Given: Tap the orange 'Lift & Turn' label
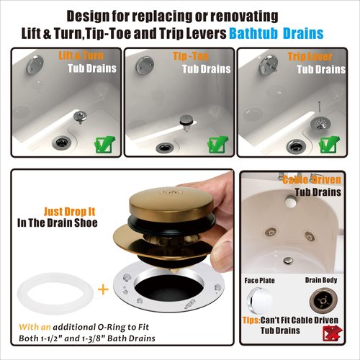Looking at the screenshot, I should click(x=77, y=55).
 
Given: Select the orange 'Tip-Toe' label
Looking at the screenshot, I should click(x=190, y=55).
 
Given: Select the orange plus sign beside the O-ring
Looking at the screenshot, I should click(x=103, y=289).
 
